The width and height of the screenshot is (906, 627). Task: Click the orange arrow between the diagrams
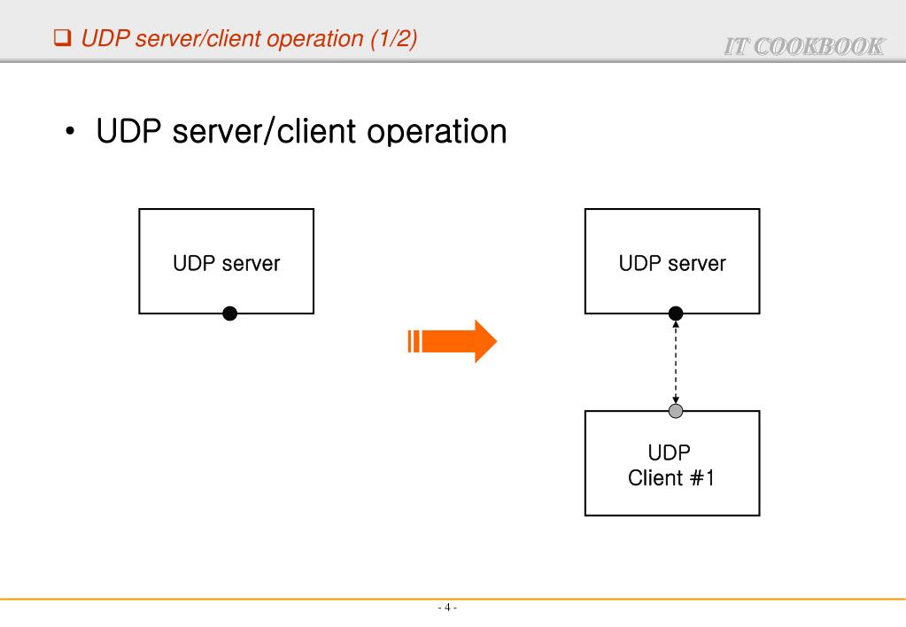pyautogui.click(x=456, y=341)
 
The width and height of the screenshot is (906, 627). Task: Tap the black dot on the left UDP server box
pyautogui.click(x=229, y=313)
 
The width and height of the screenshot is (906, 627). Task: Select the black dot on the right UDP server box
pyautogui.click(x=676, y=313)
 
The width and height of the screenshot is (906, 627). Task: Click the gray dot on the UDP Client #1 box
pyautogui.click(x=676, y=411)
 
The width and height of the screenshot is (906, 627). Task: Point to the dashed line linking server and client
pyautogui.click(x=676, y=361)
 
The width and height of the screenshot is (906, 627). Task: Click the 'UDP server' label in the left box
pyautogui.click(x=227, y=263)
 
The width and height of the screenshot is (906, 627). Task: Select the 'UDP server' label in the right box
pyautogui.click(x=672, y=263)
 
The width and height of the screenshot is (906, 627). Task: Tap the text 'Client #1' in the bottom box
pyautogui.click(x=671, y=478)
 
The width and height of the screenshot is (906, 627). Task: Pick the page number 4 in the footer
pyautogui.click(x=447, y=608)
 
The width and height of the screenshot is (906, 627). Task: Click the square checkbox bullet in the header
pyautogui.click(x=62, y=39)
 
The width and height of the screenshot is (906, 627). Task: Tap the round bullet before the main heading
pyautogui.click(x=70, y=134)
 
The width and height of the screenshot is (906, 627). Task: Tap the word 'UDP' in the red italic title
pyautogui.click(x=100, y=39)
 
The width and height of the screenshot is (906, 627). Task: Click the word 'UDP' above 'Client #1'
pyautogui.click(x=670, y=453)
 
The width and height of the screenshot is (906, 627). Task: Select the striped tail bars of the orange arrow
pyautogui.click(x=414, y=341)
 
